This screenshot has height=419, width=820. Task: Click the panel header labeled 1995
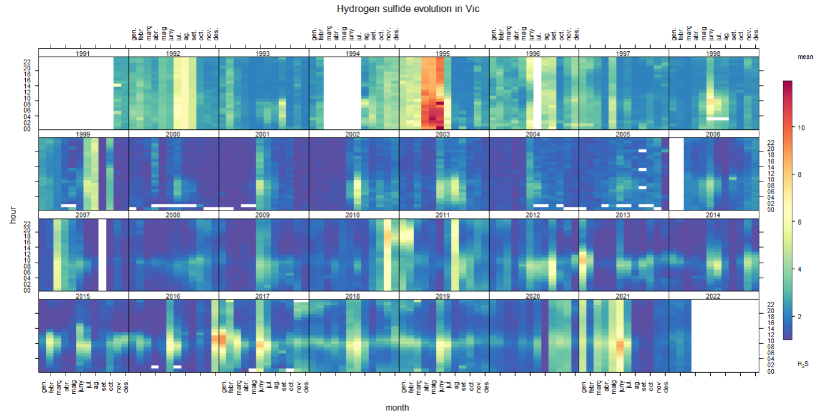coord(444,54)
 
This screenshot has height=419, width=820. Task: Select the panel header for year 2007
coord(83,215)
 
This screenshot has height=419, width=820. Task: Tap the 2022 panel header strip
coord(713,296)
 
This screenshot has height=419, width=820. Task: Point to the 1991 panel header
coord(83,54)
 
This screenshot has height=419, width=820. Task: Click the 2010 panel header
coord(354,215)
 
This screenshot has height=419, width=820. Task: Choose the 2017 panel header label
coord(264,296)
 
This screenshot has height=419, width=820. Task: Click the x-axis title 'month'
coord(397,408)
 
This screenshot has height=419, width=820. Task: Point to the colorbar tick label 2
coord(800,316)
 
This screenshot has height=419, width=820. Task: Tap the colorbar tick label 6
coord(800,222)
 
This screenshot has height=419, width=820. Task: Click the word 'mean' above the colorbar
coord(805,57)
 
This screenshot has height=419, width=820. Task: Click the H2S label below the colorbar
coord(803,364)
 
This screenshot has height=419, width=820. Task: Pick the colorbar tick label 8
coord(800,175)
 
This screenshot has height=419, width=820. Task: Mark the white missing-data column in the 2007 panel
coord(103,254)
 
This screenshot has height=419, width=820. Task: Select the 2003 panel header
coord(444,134)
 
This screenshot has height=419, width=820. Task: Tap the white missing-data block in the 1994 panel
coord(342,93)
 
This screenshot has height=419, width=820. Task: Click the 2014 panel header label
coord(713,215)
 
